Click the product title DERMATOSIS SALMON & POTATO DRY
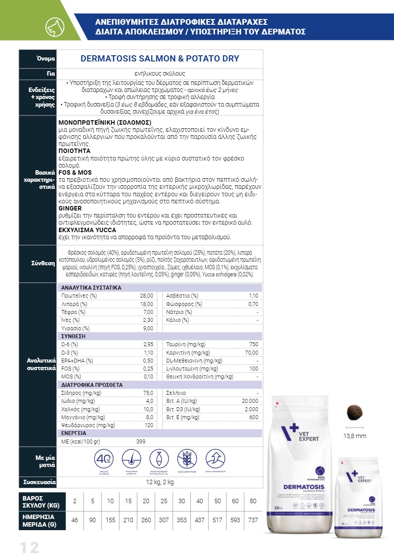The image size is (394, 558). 160,58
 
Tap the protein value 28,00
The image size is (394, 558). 146,296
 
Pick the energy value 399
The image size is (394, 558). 141,441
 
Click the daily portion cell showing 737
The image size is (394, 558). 253,520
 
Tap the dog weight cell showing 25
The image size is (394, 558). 164,501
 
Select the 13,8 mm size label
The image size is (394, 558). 355,436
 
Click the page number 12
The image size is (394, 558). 29,547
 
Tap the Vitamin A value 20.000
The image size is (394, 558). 250,401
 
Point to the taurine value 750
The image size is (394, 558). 254,344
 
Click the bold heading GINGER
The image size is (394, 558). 70,208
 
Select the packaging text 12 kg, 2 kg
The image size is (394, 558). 160,482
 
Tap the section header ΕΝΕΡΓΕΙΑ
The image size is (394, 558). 74,433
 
